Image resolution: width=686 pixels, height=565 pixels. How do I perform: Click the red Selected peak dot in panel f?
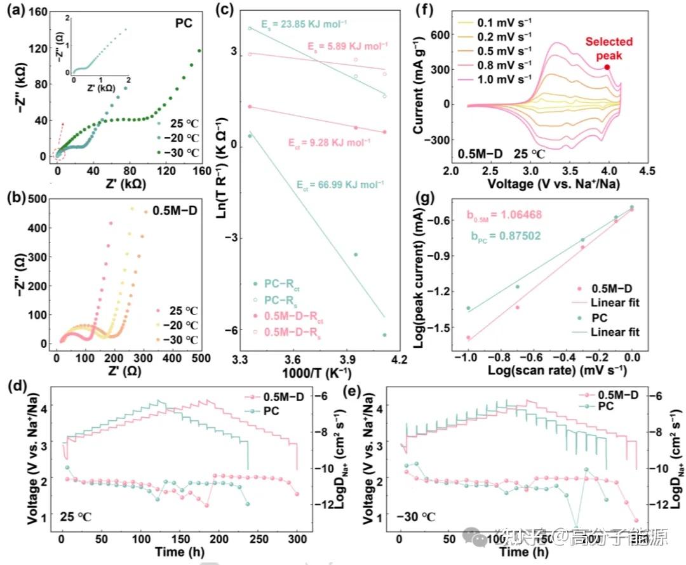click(x=607, y=67)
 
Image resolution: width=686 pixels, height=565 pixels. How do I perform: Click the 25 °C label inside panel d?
click(x=77, y=517)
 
